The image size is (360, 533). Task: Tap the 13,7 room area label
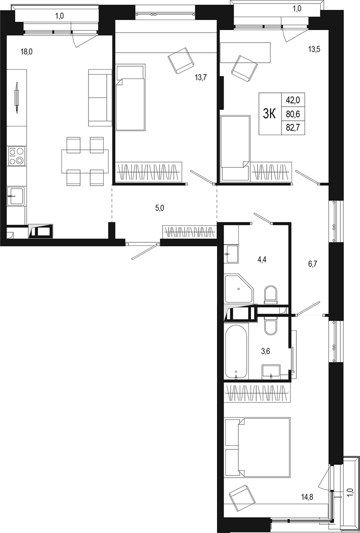200,78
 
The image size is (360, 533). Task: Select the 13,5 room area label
314,49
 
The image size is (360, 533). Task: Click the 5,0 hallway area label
160,208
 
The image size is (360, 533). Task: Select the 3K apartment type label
270,114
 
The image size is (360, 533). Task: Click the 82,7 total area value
293,128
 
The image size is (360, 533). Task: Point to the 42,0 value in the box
293,100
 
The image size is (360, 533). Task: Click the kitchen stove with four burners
17,156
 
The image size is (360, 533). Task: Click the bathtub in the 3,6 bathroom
236,351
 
